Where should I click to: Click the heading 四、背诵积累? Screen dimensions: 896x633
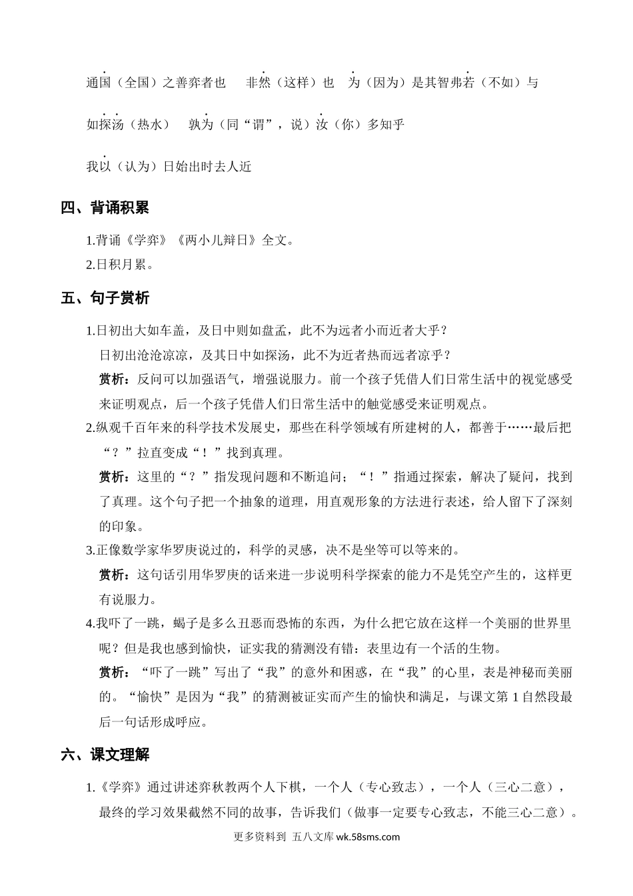(105, 208)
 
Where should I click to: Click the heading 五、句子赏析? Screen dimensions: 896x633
(105, 298)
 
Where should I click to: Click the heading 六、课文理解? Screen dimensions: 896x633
(105, 755)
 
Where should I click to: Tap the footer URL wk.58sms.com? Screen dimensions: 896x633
(368, 837)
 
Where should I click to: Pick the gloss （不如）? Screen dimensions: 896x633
(499, 83)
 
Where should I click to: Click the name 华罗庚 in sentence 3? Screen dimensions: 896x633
(187, 551)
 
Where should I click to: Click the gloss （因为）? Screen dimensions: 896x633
(386, 83)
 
